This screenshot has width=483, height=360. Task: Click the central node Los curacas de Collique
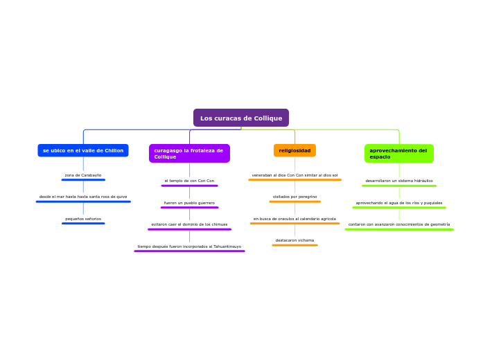click(241, 118)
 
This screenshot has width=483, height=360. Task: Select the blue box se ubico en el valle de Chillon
click(83, 150)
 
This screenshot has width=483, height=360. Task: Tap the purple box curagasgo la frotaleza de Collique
click(189, 153)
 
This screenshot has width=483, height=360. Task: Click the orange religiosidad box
click(295, 150)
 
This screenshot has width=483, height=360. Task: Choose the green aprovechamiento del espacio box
click(398, 153)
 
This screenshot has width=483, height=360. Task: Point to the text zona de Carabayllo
click(83, 175)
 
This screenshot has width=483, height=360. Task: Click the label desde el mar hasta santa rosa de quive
click(83, 197)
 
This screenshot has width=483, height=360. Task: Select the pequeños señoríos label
click(83, 219)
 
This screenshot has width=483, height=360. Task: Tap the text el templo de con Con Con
click(189, 181)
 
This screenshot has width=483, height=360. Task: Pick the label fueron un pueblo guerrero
click(189, 203)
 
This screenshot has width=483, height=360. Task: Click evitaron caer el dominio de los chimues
click(189, 224)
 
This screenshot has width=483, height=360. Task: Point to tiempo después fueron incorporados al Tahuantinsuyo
click(189, 246)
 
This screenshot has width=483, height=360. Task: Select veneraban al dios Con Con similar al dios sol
click(295, 175)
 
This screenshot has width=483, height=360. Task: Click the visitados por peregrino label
click(295, 197)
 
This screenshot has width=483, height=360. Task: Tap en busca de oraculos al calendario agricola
click(295, 219)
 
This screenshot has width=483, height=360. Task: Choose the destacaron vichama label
click(295, 240)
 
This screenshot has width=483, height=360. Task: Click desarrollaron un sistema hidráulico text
click(399, 181)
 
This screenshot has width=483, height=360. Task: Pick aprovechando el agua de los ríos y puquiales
click(399, 203)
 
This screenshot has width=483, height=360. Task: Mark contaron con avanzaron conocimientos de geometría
click(399, 224)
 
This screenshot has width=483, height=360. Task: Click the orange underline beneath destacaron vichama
click(295, 245)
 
